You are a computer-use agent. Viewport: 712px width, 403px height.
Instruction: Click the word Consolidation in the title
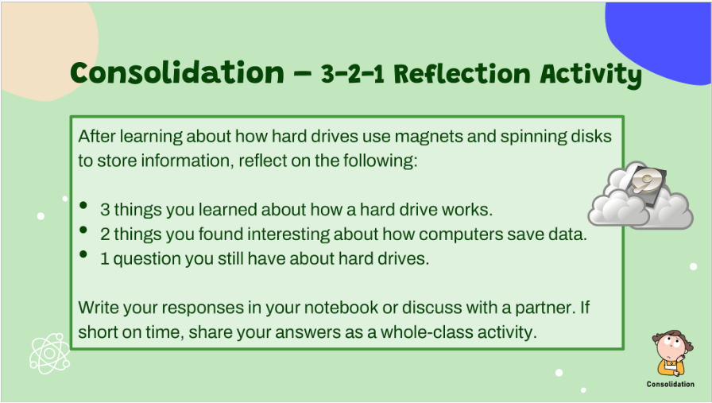(x=177, y=72)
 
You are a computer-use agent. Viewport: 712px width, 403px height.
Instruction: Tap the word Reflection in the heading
(x=462, y=74)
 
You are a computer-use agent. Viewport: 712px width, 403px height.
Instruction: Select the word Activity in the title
(x=590, y=75)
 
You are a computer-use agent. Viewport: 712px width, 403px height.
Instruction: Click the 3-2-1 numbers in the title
(x=352, y=74)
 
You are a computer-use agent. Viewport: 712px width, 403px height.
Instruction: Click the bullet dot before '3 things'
(x=83, y=205)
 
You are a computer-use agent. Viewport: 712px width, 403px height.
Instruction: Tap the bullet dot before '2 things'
(x=83, y=230)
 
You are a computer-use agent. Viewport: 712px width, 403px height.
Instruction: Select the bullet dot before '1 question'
(x=83, y=254)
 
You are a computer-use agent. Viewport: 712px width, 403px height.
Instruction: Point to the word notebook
(x=341, y=308)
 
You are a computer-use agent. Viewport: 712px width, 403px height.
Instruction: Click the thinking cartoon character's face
(x=670, y=347)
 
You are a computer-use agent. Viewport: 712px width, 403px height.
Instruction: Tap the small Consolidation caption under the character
(x=670, y=384)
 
